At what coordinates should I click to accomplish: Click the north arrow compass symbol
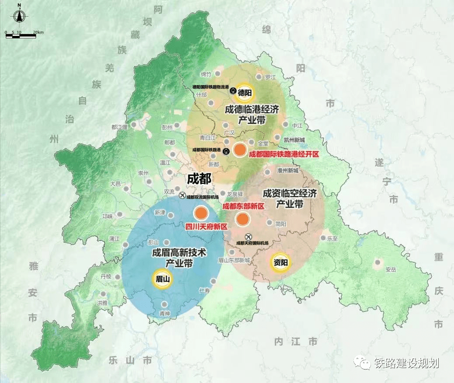[19, 15]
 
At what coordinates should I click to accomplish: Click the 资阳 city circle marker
[280, 262]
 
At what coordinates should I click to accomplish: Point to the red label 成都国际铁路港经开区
[284, 154]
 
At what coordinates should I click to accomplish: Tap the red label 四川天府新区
[206, 226]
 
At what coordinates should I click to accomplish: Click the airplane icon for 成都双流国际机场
[182, 197]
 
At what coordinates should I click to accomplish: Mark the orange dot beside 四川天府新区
[201, 213]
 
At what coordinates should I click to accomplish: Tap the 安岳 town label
[390, 270]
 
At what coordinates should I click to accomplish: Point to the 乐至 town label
[333, 238]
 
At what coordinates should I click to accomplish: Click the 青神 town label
[164, 313]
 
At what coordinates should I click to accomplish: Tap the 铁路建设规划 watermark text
[406, 363]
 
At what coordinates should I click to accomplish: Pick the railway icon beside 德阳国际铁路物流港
[233, 91]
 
